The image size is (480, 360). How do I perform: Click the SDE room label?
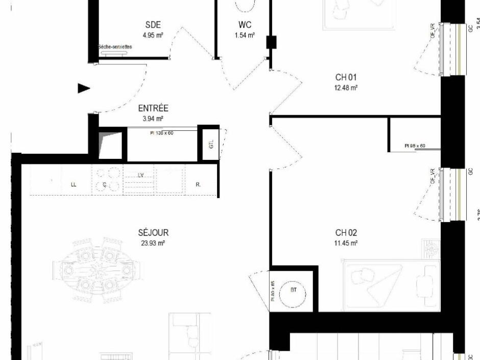pos(153,25)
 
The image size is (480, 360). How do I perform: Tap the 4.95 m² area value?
pos(153,36)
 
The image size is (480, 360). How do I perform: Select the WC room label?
pos(245,25)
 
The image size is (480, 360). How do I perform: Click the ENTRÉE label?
pos(153,108)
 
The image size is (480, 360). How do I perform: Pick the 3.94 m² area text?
pos(153,118)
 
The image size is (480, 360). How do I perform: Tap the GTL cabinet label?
pos(211,145)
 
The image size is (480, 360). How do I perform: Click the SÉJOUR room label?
pos(153,233)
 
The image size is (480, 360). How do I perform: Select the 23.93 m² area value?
pos(153,244)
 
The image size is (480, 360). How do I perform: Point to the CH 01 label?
pos(346,77)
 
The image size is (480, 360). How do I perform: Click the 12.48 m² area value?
pos(346,87)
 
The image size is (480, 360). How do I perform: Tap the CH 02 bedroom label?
pos(346,233)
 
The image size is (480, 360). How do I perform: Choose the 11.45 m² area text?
pos(346,244)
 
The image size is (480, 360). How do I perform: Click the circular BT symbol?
pos(294,291)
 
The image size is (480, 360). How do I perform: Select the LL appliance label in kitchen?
pos(74,185)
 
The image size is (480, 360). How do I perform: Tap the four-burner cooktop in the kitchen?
pos(107,179)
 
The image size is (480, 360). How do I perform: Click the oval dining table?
pos(95,269)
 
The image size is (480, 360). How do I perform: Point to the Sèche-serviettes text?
pos(115,47)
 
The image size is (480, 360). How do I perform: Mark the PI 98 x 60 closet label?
pos(415,146)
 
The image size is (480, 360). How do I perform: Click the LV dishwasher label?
pos(140,175)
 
